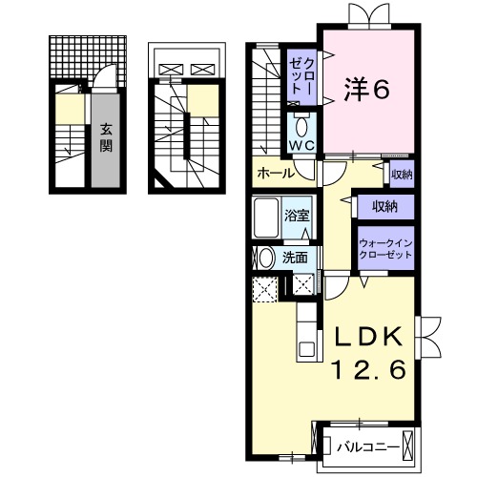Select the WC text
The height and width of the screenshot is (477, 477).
click(x=301, y=144)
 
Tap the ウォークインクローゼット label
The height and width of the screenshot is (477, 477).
click(x=384, y=249)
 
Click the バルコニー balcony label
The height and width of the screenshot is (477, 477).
click(x=365, y=446)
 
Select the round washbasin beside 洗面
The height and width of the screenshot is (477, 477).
click(x=263, y=257)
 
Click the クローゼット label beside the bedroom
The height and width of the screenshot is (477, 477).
click(x=303, y=76)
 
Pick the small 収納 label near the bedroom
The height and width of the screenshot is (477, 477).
click(x=402, y=174)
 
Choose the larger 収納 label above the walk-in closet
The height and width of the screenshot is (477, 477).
click(x=384, y=205)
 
